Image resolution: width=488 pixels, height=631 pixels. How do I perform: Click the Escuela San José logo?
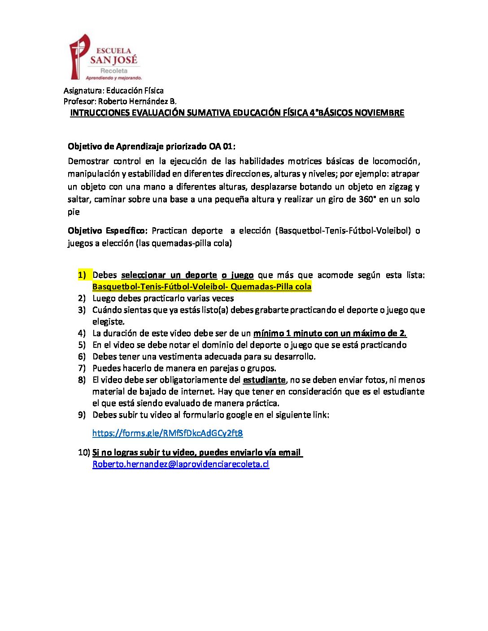click(104, 57)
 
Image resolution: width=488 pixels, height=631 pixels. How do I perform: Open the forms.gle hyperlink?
click(167, 433)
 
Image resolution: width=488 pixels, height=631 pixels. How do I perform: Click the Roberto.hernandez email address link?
click(180, 464)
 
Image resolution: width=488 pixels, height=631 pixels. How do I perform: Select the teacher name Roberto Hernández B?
click(137, 101)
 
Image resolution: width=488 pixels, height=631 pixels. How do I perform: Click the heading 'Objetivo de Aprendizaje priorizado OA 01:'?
click(151, 147)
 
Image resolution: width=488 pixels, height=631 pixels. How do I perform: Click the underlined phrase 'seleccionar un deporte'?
click(169, 275)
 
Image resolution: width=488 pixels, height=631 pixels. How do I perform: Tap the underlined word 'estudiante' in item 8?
click(264, 380)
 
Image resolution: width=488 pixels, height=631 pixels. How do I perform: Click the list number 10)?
click(84, 453)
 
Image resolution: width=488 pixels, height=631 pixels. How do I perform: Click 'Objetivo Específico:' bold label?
click(107, 231)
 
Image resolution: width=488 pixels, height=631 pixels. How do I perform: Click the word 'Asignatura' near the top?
click(83, 91)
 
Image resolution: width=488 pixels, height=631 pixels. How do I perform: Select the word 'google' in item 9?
click(239, 415)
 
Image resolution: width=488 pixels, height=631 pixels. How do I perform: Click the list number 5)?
click(82, 345)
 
